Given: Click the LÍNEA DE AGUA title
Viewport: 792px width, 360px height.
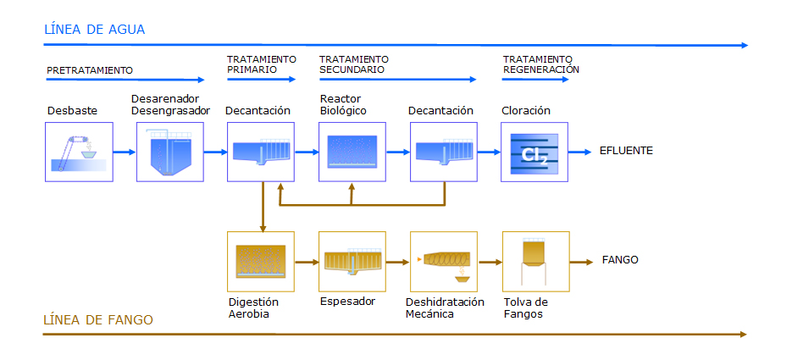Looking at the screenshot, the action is [95, 30].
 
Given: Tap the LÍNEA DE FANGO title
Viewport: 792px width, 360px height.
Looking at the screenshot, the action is [98, 319].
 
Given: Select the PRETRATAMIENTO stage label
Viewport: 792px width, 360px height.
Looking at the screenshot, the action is [90, 70].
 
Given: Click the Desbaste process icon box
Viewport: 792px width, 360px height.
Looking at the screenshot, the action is [79, 152].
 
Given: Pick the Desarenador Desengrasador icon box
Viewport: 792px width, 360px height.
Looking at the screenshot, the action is [170, 152].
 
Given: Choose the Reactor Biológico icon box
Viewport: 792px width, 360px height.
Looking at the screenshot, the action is [352, 152].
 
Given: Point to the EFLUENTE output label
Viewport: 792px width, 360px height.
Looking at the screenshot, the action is [626, 151].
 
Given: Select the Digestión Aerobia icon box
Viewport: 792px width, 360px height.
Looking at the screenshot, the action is [261, 262].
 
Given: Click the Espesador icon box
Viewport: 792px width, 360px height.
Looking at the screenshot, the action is [352, 262].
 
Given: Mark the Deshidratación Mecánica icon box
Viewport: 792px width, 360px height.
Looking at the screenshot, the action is [444, 262].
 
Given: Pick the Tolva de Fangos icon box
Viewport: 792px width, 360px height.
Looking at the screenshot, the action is [536, 262].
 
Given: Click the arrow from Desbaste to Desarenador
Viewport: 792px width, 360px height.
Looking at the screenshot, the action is [125, 152].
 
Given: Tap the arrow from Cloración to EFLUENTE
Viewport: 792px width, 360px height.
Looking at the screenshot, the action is [580, 152].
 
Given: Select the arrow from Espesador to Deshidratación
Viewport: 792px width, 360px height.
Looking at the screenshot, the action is [398, 262].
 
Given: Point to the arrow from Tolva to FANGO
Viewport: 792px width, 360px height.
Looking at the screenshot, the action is [581, 262].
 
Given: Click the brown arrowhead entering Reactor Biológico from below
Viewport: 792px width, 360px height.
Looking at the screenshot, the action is [352, 186].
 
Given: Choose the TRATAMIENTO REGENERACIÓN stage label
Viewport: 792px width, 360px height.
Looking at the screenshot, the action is [541, 64].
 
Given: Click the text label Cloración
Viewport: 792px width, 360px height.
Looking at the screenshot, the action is [526, 111].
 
